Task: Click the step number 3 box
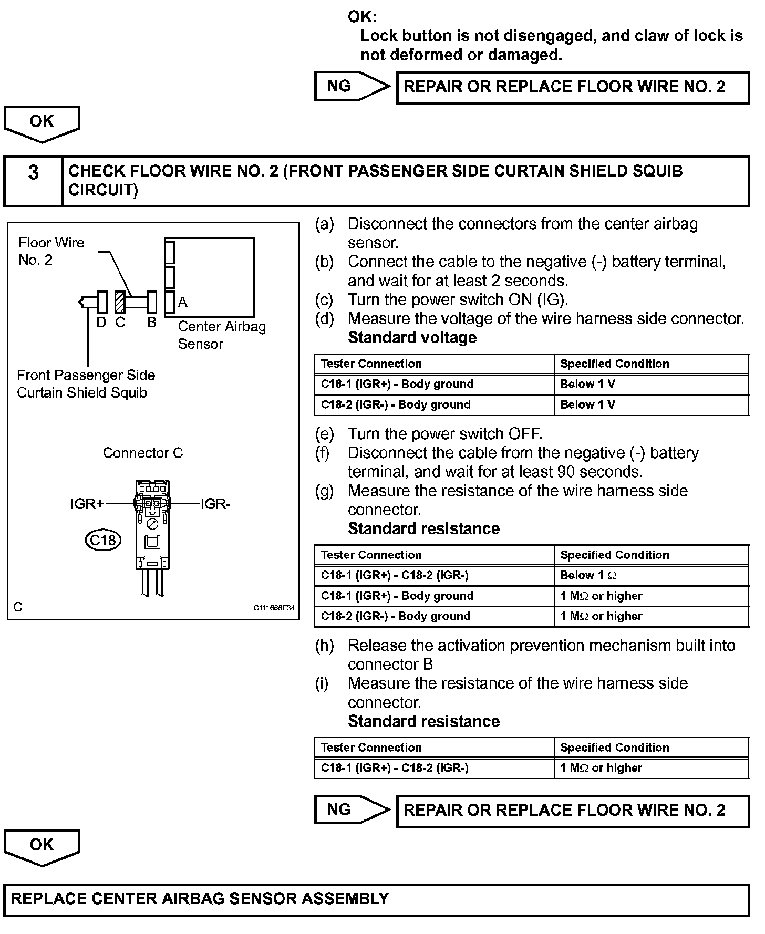tap(33, 181)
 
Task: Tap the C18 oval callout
tap(103, 540)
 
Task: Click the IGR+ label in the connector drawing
tap(87, 504)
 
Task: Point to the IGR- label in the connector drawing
tap(215, 504)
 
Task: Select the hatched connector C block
tap(120, 302)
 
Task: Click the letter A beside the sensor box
tap(182, 302)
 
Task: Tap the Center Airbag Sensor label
tap(221, 335)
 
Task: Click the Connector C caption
tap(142, 453)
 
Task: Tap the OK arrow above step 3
tap(42, 123)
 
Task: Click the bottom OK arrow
tap(42, 846)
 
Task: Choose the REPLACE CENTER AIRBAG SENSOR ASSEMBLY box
tap(376, 900)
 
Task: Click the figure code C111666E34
tap(274, 608)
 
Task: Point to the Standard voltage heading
tap(412, 337)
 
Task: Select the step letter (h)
tap(324, 645)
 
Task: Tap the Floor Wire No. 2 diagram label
tap(51, 251)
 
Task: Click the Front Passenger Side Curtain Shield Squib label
tap(86, 384)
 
